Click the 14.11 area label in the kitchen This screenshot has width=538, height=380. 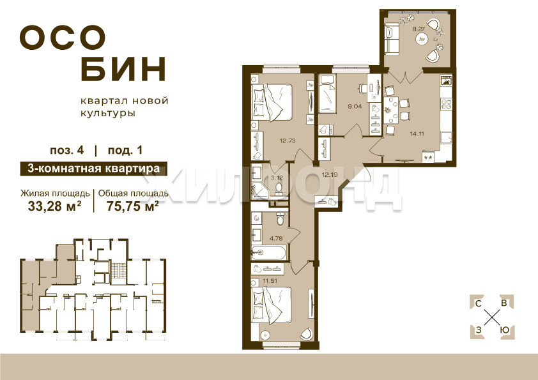click(x=417, y=133)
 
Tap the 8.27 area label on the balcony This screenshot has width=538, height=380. click(x=419, y=29)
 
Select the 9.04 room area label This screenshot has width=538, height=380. click(x=355, y=106)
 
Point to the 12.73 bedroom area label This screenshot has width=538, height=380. click(x=288, y=141)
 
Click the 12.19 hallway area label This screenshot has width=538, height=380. click(x=330, y=174)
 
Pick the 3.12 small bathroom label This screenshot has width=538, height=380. click(x=277, y=178)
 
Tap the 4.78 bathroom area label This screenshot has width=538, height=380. click(x=276, y=238)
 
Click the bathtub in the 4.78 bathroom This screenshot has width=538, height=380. click(x=268, y=253)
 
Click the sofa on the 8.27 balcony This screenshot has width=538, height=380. click(x=392, y=38)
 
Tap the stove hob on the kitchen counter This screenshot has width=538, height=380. click(x=446, y=104)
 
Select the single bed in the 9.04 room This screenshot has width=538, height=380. click(x=327, y=95)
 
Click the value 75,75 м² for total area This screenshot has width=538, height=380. click(x=133, y=206)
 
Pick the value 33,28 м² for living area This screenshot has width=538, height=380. click(x=55, y=206)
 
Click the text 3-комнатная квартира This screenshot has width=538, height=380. click(x=94, y=169)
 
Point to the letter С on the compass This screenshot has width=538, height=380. click(x=478, y=303)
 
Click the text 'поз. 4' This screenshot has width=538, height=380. click(x=67, y=151)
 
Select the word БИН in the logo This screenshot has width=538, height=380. click(x=123, y=69)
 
